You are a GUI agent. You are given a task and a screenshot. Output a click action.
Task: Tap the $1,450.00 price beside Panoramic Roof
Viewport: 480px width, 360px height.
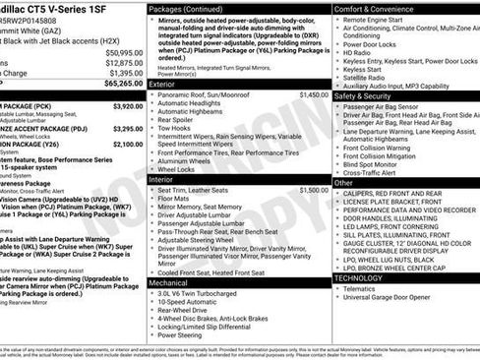tap(314, 95)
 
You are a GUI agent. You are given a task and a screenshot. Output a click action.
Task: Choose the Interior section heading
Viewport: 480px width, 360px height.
tap(161, 179)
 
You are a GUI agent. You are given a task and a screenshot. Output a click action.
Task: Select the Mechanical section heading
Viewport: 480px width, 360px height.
tap(168, 282)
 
